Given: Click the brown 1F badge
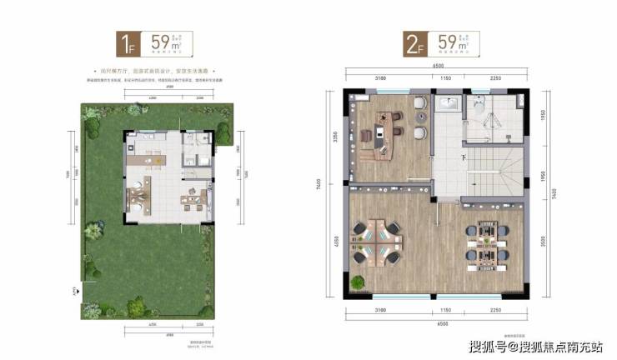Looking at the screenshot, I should [x=128, y=42].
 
